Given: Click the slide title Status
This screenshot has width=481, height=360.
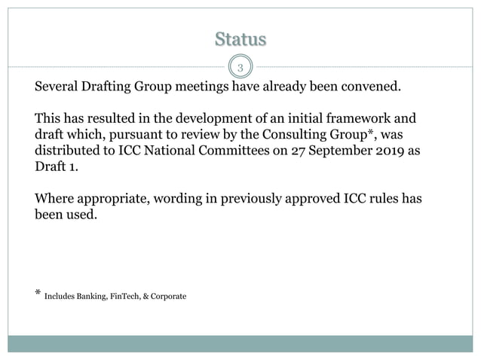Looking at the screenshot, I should tap(240, 38).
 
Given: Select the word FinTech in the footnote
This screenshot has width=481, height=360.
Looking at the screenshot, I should tap(133, 296).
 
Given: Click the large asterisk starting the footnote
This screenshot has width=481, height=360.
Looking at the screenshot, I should tap(38, 293).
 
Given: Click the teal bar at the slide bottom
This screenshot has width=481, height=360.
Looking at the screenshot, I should tap(240, 343).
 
